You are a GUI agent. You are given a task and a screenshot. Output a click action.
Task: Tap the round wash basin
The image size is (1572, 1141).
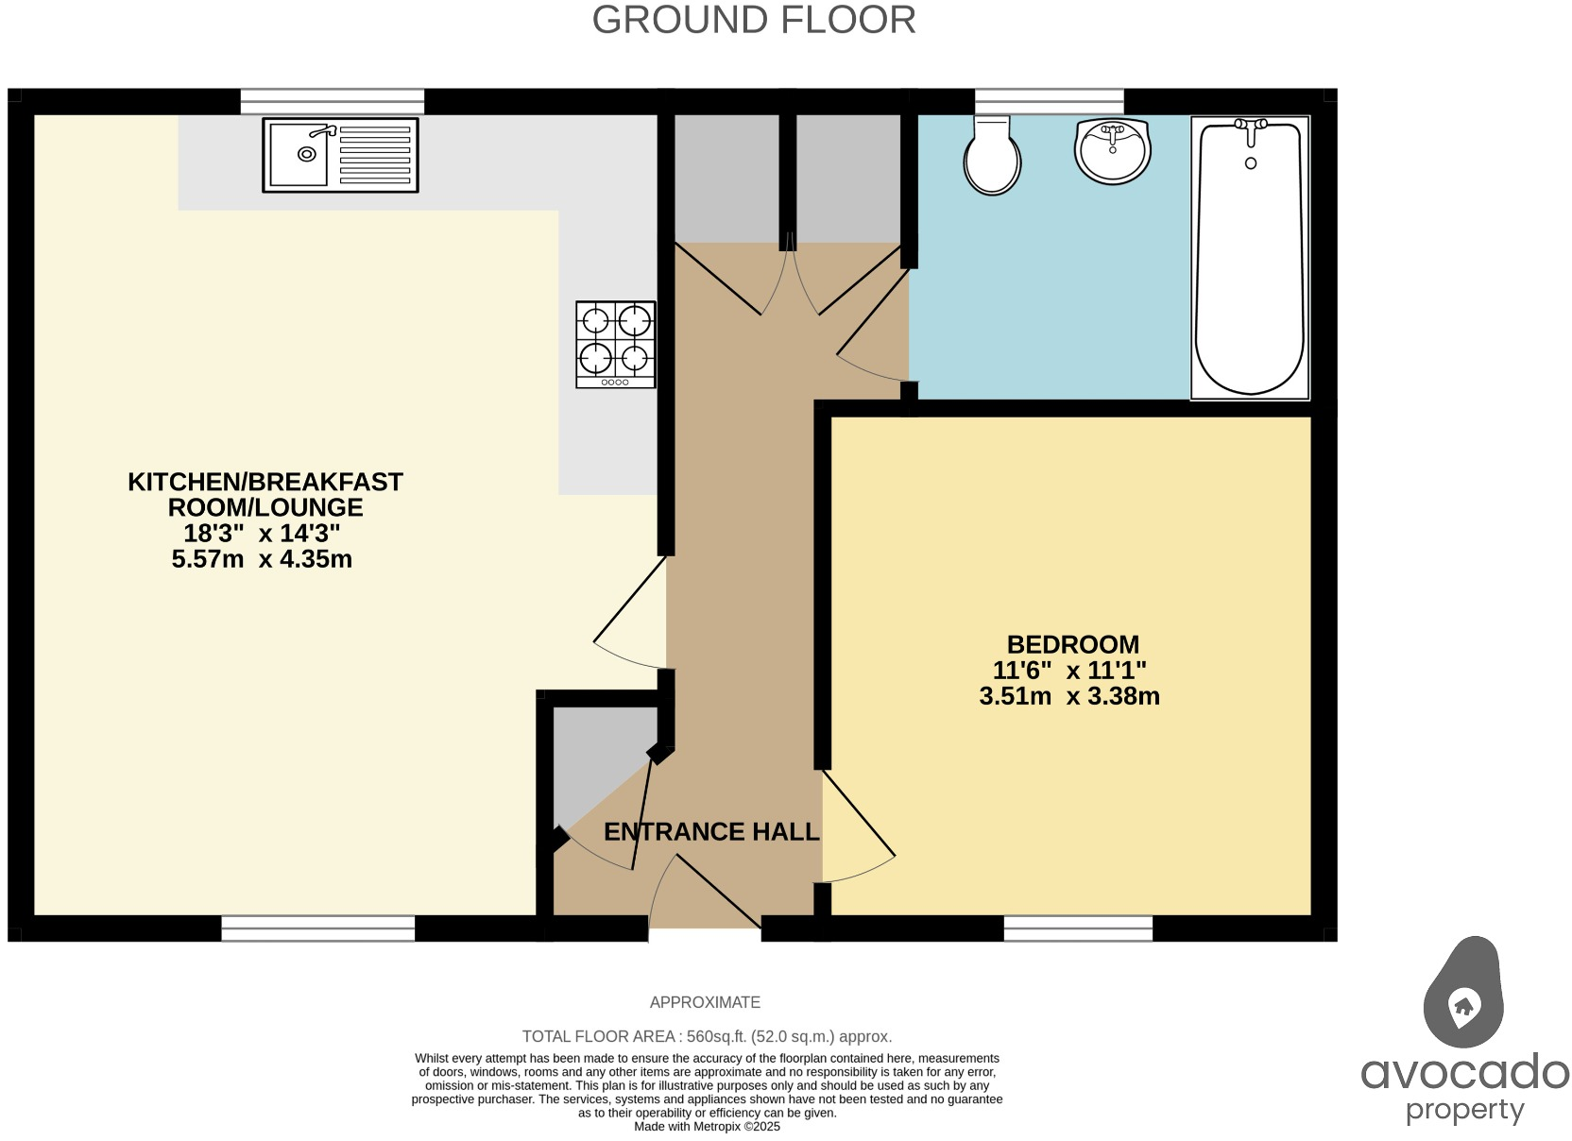(x=1112, y=150)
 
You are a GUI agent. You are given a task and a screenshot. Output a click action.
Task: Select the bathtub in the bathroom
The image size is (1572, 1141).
(x=1250, y=257)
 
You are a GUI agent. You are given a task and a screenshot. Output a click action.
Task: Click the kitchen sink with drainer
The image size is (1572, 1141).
(x=340, y=155)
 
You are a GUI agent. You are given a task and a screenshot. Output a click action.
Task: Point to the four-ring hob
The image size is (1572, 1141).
(x=616, y=344)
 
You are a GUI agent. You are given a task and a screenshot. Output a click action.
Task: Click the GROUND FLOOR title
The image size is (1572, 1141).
(x=753, y=20)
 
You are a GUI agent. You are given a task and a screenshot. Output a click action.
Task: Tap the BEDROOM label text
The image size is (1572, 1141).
(x=1072, y=645)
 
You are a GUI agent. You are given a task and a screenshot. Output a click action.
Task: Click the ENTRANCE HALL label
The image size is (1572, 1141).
(x=710, y=832)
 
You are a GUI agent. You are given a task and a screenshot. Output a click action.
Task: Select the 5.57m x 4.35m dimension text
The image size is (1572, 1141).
(x=262, y=559)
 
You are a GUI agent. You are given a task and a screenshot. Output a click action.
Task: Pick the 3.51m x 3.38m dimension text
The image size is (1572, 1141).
(x=1069, y=697)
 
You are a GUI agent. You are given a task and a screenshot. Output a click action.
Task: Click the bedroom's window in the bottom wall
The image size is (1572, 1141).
(x=1078, y=928)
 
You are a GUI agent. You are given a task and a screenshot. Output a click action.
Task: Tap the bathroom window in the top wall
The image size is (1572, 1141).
(x=1049, y=101)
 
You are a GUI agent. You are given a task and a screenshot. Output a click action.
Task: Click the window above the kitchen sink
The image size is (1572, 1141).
(x=332, y=101)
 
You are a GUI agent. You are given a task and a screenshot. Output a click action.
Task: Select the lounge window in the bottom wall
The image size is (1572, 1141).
(x=317, y=928)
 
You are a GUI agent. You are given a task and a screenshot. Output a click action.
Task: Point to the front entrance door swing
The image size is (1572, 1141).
(x=704, y=893)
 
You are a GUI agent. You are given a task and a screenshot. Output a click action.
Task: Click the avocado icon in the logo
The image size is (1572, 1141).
(x=1462, y=994)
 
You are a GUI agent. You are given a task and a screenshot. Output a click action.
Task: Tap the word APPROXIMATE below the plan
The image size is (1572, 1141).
(x=705, y=1002)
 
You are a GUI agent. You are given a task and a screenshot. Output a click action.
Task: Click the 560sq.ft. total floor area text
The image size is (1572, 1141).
(x=707, y=1036)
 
